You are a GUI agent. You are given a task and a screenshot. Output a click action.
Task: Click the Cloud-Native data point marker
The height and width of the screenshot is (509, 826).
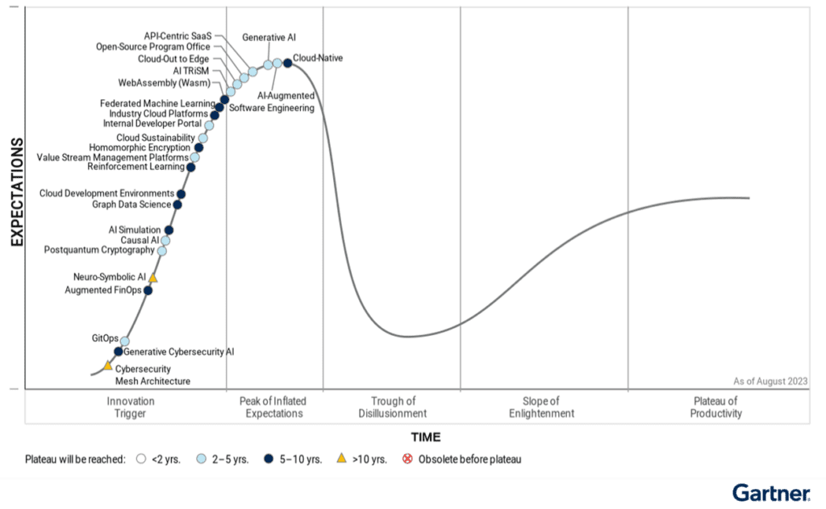(x=287, y=63)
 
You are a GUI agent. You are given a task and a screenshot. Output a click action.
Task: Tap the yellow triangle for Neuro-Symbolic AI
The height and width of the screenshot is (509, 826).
(x=152, y=278)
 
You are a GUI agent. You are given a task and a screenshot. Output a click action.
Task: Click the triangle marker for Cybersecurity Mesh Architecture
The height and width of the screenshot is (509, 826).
(x=107, y=366)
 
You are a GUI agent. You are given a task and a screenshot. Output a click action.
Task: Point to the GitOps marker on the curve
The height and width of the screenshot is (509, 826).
(x=125, y=341)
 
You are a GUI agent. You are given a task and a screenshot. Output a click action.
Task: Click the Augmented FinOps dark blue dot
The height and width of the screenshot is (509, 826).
(x=148, y=290)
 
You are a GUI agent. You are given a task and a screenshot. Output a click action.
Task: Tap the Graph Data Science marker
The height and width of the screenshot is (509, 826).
(x=177, y=205)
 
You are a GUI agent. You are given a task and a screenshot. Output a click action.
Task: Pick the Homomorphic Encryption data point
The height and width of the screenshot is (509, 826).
(x=199, y=147)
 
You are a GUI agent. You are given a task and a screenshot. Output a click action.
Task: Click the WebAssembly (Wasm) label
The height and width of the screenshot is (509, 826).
(x=160, y=82)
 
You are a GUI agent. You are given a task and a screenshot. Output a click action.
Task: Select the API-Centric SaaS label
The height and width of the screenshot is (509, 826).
(x=177, y=36)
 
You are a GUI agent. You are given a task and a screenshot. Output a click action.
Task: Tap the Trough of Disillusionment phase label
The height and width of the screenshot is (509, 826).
(x=393, y=408)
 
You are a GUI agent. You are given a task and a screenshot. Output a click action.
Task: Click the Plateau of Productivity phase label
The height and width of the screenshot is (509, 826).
(x=715, y=408)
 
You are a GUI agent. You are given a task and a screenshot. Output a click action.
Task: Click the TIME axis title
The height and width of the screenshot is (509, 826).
(x=426, y=437)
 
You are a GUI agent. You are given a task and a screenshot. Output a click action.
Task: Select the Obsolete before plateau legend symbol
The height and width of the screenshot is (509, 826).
(x=407, y=459)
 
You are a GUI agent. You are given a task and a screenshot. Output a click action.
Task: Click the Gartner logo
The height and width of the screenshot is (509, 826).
(x=772, y=492)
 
